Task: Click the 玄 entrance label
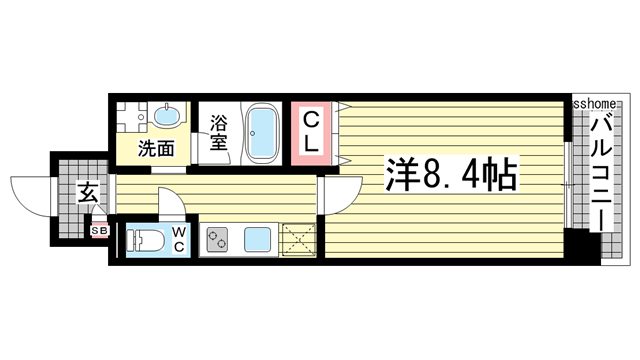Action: (x=88, y=193)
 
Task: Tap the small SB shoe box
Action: (x=99, y=232)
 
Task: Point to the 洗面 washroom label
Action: (x=156, y=150)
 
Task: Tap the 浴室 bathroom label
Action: (x=219, y=134)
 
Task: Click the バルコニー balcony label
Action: (x=601, y=169)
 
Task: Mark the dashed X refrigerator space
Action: (x=298, y=239)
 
